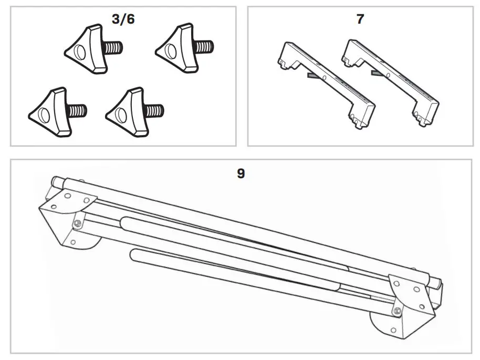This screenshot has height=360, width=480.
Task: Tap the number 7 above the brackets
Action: point(360,19)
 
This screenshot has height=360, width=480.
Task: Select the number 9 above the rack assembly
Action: point(241,173)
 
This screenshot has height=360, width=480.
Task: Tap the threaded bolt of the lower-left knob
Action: point(77,111)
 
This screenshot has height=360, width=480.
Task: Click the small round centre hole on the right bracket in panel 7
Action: point(389,74)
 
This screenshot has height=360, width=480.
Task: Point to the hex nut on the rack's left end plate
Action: point(77,223)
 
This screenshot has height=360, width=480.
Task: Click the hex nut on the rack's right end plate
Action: point(398,311)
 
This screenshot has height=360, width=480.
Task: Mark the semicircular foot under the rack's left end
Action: point(95,243)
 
